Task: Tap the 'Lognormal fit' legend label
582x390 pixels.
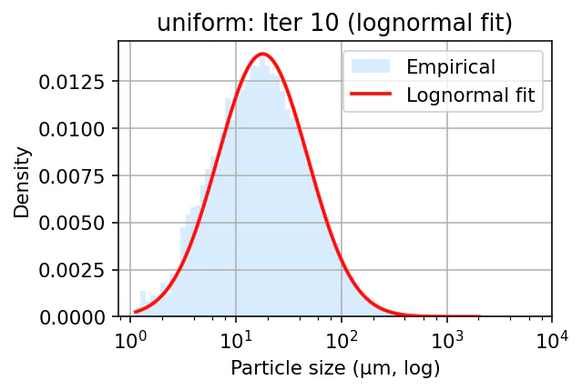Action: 470,94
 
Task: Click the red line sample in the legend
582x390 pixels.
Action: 372,94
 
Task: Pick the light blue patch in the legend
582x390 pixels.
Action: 372,66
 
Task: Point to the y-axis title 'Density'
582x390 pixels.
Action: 23,183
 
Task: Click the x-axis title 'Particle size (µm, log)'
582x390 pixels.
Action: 334,368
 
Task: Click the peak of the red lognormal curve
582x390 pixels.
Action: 262,54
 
